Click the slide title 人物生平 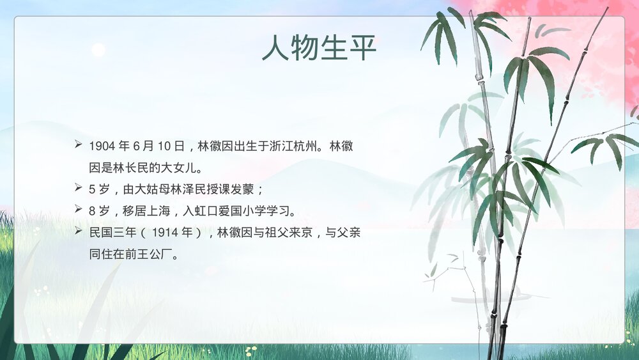click(319, 48)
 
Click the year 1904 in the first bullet click(102, 146)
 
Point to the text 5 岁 click(99, 189)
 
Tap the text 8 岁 click(99, 210)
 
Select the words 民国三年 click(111, 232)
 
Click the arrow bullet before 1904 click(78, 146)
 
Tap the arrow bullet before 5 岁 click(78, 189)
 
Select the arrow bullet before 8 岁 click(78, 210)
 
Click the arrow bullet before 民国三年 click(78, 231)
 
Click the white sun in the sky click(98, 50)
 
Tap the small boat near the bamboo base click(486, 297)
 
